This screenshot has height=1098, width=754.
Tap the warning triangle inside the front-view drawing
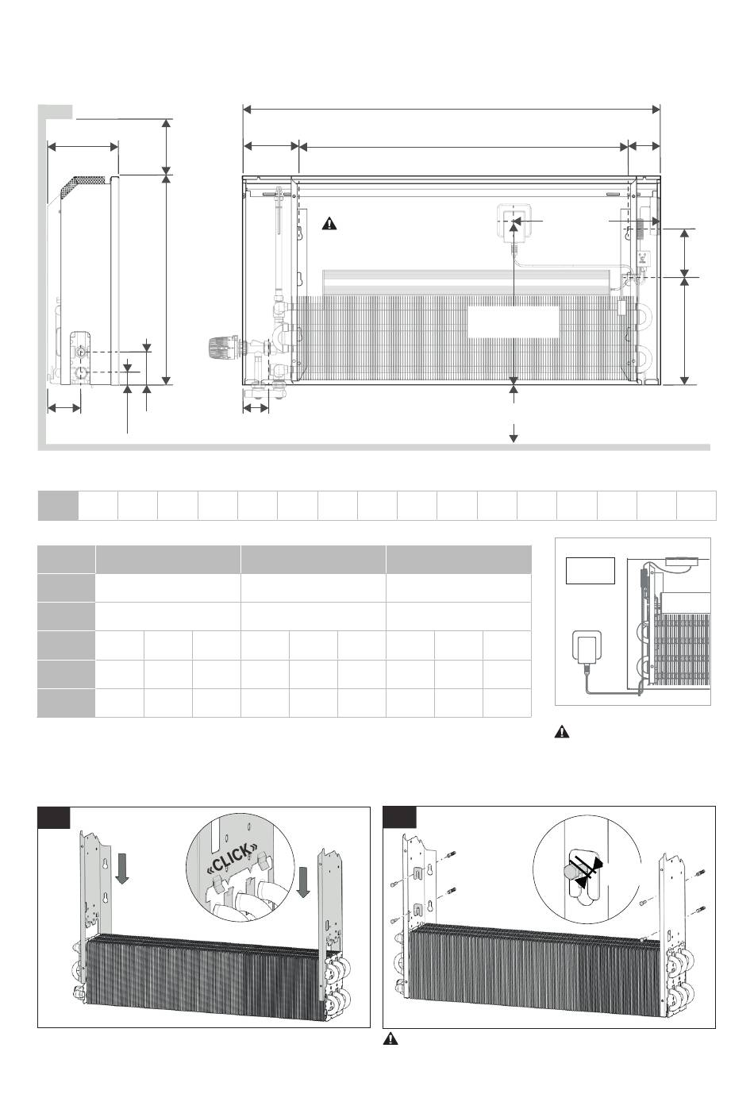click(329, 224)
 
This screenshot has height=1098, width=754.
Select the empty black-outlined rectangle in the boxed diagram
click(591, 571)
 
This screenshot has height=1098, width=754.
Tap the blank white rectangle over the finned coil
click(513, 322)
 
